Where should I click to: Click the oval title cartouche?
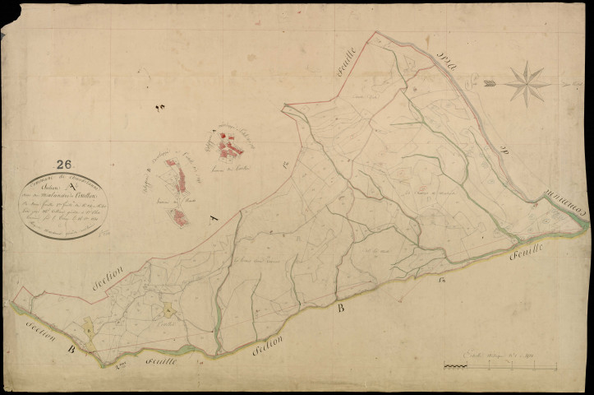63,206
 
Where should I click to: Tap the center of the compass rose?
527,83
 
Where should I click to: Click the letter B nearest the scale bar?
340,309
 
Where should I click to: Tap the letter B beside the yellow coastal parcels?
71,349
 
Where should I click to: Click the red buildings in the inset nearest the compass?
230,146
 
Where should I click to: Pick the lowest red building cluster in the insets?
179,216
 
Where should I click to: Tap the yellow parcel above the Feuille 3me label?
168,311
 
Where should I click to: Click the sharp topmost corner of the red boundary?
376,32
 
